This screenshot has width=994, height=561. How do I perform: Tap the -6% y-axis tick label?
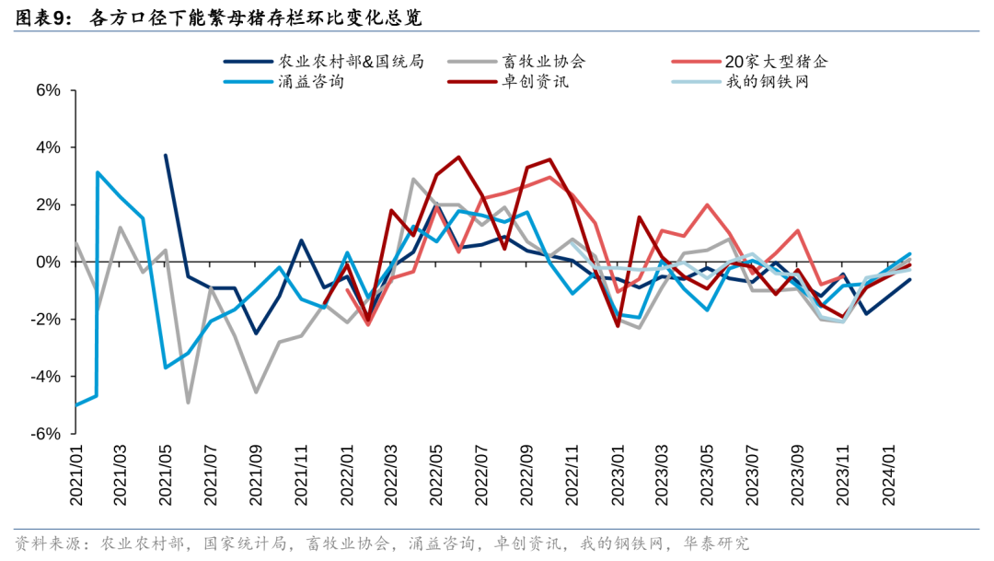coord(47,434)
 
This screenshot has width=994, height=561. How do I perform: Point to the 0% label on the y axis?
coord(49,263)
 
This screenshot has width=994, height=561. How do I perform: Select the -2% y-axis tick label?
coord(47,320)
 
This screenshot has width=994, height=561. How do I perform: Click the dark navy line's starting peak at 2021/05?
coord(166,155)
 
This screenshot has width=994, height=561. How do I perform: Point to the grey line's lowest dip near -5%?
coord(188,403)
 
